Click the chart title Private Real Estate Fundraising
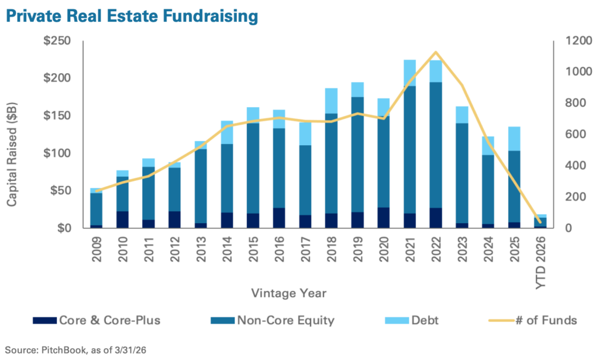pos(132,16)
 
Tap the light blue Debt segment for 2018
pos(331,101)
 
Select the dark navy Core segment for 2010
pos(122,220)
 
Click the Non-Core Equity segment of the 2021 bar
pos(409,150)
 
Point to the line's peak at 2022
pos(435,52)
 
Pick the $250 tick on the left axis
pos(57,40)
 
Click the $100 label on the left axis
pos(57,153)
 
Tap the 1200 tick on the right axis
pos(577,40)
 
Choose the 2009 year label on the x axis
pos(97,249)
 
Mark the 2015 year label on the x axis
pos(253,249)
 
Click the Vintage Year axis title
pos(289,293)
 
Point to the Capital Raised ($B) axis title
pos(12,155)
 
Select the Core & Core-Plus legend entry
pos(97,320)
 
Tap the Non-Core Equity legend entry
pos(273,320)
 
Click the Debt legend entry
pos(412,320)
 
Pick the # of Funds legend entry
pos(533,320)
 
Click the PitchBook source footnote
pos(75,349)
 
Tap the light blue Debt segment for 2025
pos(514,139)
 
